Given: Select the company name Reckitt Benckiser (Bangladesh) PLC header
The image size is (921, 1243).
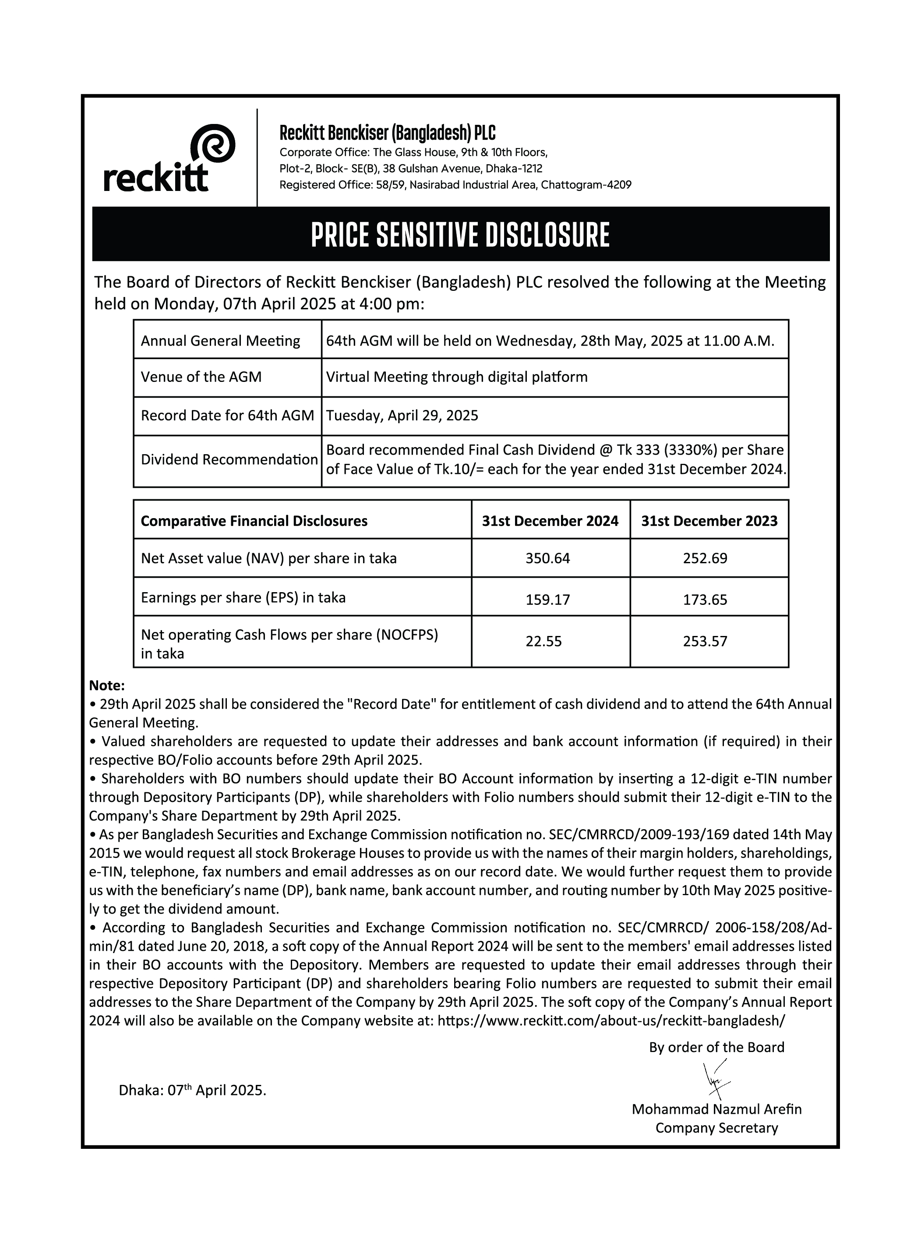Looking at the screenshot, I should coord(387,133).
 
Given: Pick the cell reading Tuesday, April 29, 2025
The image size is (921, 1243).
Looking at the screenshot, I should coord(402,416).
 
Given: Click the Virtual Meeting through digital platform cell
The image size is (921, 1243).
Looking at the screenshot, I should coord(457,378).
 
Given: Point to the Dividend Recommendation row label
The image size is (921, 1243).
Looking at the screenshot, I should coord(229,460).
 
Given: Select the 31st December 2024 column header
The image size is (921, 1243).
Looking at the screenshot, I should coord(550,521).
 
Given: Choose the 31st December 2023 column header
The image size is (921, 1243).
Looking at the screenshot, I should coord(709,521).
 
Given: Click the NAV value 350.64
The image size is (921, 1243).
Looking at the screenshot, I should coord(547,558).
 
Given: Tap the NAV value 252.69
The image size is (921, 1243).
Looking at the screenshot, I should coord(705,558).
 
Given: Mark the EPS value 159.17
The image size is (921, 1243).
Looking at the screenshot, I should coord(547,600).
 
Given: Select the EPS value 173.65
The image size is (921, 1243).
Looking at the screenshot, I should coord(705,600).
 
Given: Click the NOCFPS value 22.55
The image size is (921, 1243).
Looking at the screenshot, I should coord(543,642).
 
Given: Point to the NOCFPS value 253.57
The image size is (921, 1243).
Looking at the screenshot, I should coord(705,642).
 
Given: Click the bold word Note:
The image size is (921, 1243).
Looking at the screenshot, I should coord(107,685).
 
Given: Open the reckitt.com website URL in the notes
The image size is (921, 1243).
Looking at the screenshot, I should coord(611,1021).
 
